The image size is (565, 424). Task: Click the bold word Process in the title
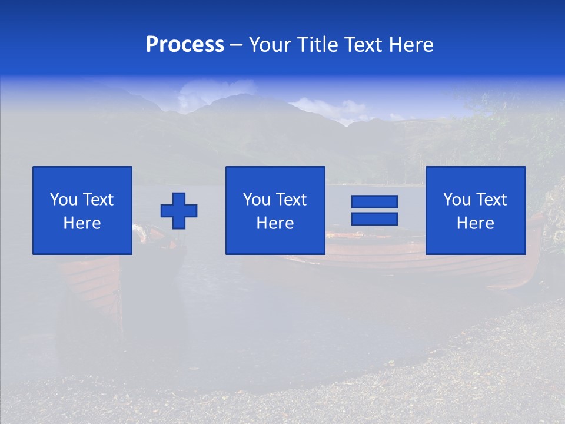185,45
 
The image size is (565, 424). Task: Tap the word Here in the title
411,45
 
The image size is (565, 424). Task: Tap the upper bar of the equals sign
374,201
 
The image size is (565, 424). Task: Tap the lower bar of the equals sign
374,218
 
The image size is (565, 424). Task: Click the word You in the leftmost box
64,200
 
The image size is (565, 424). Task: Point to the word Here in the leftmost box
82,223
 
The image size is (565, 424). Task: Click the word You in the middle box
257,200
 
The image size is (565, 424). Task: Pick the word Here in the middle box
275,223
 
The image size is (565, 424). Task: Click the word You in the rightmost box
457,200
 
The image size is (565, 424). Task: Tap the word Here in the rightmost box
475,223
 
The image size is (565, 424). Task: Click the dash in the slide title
237,45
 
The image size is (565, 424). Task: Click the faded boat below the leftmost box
91,283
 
